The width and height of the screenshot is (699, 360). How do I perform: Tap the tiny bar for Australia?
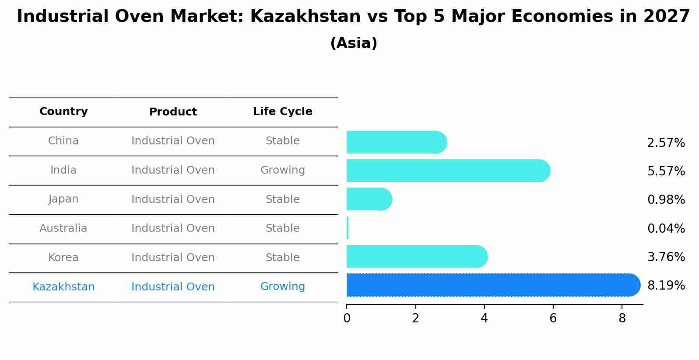348,228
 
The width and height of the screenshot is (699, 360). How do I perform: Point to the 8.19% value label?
666,286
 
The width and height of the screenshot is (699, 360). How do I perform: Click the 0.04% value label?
666,228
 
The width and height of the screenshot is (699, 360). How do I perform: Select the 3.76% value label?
666,257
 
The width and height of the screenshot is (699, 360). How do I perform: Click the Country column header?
63,112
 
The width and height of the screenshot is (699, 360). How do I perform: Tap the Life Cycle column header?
282,112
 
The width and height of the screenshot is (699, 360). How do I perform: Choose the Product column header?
173,112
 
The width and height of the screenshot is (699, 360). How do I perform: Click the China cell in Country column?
63,141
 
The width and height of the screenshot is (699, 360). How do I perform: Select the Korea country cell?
63,258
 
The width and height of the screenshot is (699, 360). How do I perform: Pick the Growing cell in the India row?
282,170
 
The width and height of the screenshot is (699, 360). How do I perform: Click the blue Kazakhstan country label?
63,287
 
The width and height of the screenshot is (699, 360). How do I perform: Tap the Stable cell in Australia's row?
282,228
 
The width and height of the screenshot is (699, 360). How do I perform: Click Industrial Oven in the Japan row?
173,199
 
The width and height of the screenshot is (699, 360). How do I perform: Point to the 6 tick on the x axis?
553,318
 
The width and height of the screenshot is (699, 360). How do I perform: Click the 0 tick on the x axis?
347,318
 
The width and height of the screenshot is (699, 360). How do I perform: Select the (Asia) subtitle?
353,43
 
